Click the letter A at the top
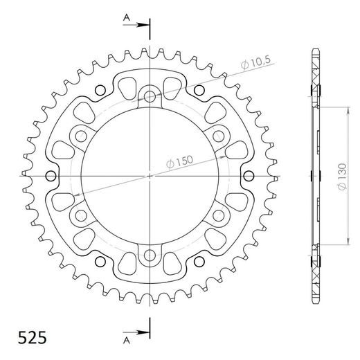125,16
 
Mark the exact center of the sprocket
150,177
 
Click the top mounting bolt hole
150,96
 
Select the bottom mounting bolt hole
150,258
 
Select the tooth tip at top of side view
316,51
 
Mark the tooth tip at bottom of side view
316,303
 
